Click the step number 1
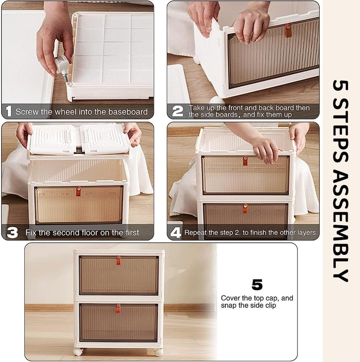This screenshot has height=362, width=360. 9,111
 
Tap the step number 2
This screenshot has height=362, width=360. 177,111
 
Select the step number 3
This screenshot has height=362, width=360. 12,232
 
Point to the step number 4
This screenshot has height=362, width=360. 176,232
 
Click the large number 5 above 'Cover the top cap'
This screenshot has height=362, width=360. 257,285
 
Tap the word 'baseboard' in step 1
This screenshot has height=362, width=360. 128,112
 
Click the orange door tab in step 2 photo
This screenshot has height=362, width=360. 288,30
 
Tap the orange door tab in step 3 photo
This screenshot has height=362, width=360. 79,191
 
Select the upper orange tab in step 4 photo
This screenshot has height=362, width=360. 245,161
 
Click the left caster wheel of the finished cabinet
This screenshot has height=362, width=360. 78,352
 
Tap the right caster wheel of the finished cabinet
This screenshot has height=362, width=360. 159,352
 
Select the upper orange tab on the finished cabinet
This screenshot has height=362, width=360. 118,260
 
